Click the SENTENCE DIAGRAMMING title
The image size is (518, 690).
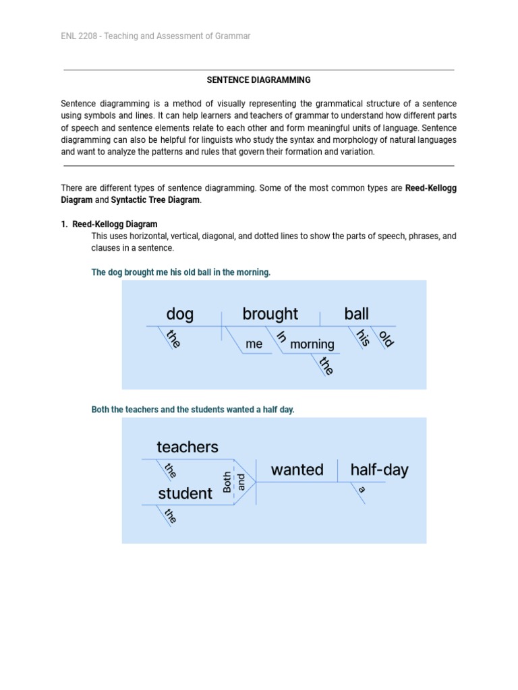258,80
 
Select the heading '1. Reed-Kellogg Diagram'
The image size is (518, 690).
109,224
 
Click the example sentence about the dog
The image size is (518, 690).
181,272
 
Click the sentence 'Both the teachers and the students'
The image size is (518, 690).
193,410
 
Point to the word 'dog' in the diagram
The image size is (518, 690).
179,314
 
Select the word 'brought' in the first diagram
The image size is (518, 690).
270,314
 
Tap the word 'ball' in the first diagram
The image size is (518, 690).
356,314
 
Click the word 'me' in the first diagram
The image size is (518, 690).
254,344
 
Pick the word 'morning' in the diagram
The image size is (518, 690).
312,344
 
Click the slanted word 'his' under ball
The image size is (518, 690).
363,338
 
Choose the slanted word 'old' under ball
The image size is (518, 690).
386,338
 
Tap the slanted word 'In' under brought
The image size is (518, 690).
281,337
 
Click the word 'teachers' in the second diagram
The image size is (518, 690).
188,447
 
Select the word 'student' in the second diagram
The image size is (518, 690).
185,493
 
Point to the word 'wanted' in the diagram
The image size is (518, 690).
297,470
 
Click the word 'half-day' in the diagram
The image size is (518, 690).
379,470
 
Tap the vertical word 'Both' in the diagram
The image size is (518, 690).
227,482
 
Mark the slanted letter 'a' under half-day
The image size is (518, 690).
362,490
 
